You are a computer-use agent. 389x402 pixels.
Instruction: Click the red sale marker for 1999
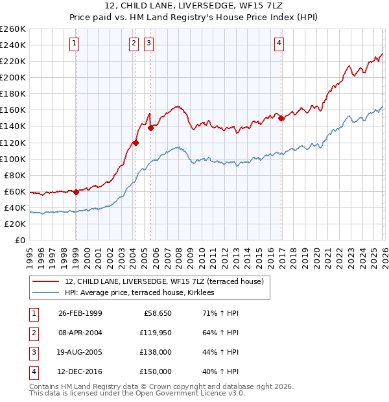pyautogui.click(x=76, y=192)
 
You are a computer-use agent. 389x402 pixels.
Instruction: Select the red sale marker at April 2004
pyautogui.click(x=136, y=143)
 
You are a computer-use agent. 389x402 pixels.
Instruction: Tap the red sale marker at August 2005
pyautogui.click(x=150, y=128)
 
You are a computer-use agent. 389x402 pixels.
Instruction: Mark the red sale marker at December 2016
pyautogui.click(x=281, y=118)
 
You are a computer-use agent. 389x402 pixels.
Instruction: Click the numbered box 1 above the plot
pyautogui.click(x=75, y=43)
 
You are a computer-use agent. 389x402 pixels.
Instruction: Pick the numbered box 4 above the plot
pyautogui.click(x=279, y=43)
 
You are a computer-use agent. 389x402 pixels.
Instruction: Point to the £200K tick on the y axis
pyautogui.click(x=13, y=77)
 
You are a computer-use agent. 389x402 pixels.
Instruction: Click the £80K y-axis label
pyautogui.click(x=15, y=175)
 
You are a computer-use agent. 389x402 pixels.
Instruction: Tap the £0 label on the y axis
pyautogui.click(x=20, y=240)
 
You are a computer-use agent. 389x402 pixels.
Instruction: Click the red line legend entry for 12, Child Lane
pyautogui.click(x=164, y=281)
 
